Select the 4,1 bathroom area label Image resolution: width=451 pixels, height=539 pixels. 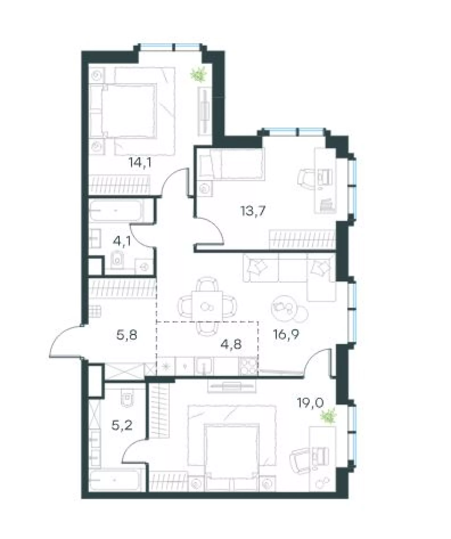[122, 241]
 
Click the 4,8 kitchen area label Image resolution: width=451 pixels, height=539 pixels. [231, 344]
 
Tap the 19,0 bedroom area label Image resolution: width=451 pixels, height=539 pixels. [310, 403]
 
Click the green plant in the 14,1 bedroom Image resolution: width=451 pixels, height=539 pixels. [198, 75]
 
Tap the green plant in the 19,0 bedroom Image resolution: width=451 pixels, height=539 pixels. [329, 417]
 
